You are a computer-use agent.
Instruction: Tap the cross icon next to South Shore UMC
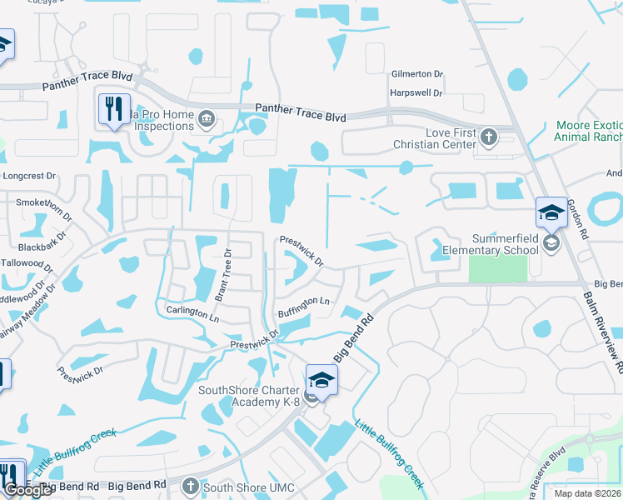point(191,486)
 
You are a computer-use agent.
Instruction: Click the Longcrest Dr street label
point(28,177)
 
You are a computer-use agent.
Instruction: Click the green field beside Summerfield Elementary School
point(498,268)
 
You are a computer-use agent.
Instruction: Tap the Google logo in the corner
point(27,490)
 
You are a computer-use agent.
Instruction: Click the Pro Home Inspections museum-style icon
point(207,121)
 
